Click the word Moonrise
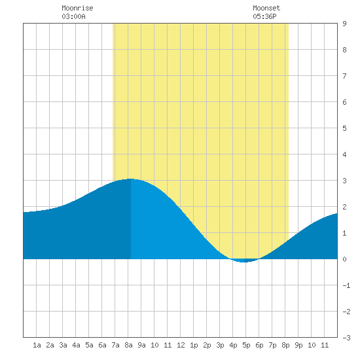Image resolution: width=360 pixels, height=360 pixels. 77,8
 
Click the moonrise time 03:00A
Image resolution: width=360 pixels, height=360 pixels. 73,16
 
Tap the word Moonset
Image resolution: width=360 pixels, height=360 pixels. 266,8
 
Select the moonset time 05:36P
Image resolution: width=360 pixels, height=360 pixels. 264,16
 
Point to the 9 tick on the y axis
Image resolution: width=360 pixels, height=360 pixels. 344,24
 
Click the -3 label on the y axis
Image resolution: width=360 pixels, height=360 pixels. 346,338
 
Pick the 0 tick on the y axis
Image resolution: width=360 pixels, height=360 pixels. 344,259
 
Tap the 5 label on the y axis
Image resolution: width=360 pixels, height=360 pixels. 344,128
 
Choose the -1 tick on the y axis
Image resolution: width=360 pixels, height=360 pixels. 346,285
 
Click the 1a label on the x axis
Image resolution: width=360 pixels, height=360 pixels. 37,345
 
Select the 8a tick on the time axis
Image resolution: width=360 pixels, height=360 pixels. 128,345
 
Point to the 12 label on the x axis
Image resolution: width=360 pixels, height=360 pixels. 181,345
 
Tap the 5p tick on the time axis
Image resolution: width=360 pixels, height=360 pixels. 246,345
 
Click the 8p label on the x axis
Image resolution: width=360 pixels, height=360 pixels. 285,345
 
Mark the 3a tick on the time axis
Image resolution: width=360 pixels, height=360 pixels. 63,345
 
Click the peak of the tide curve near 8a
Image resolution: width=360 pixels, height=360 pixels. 130,179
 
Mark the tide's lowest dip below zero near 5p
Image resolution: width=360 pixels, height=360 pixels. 244,262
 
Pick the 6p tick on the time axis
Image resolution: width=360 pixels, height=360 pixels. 259,345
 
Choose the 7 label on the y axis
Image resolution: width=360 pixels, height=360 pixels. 344,76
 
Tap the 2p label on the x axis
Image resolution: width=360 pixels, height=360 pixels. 207,345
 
